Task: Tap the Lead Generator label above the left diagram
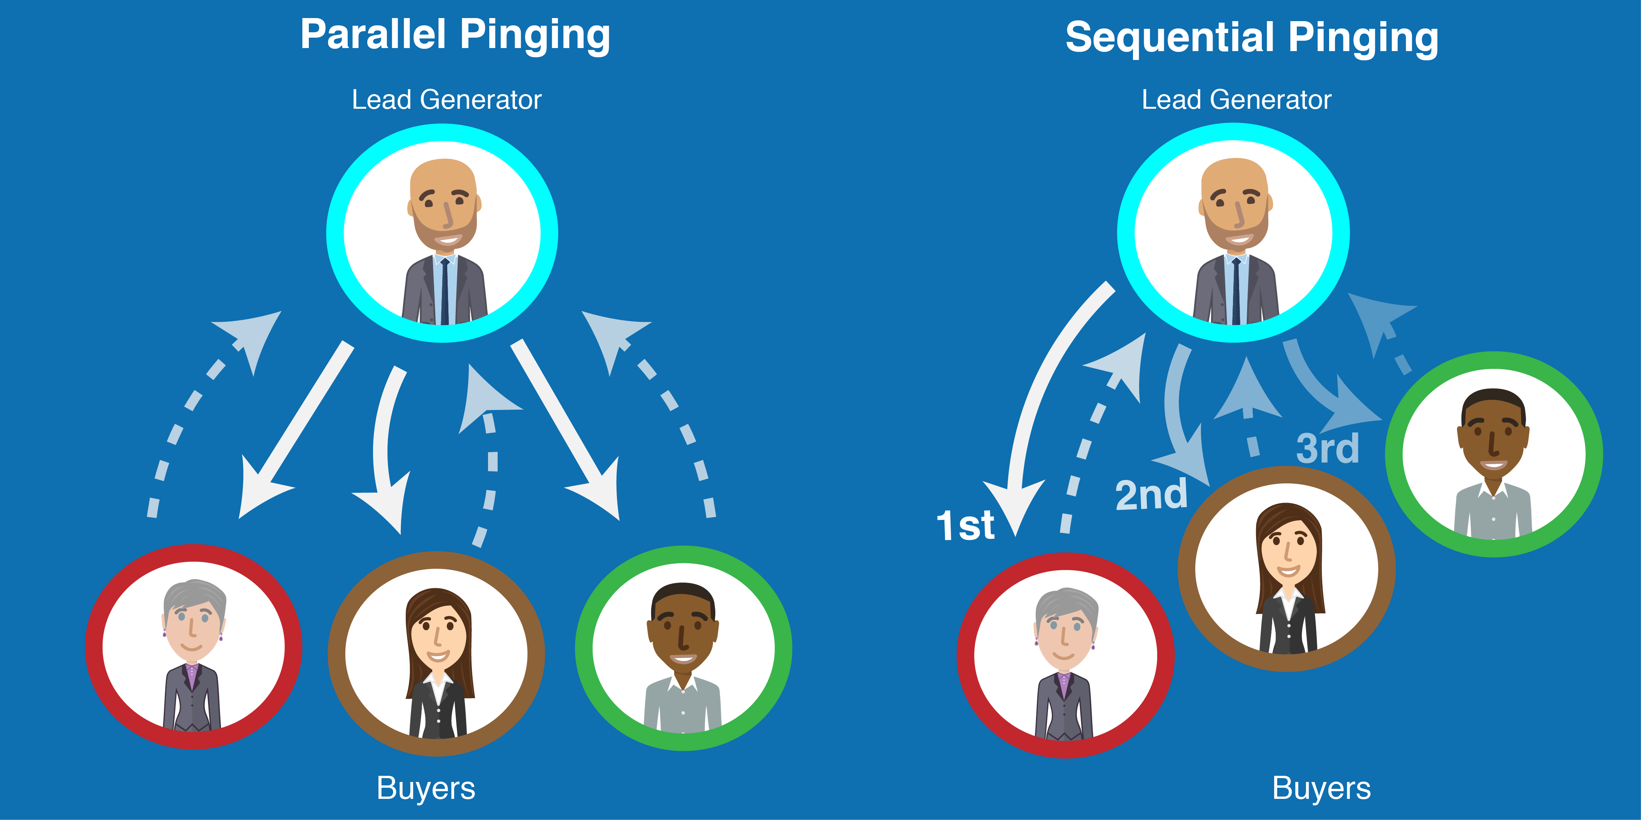click(446, 100)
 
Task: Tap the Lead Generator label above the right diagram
click(1236, 100)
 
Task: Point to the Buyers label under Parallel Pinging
click(426, 788)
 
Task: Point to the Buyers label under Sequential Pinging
click(1321, 788)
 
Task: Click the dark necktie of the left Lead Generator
click(445, 290)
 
